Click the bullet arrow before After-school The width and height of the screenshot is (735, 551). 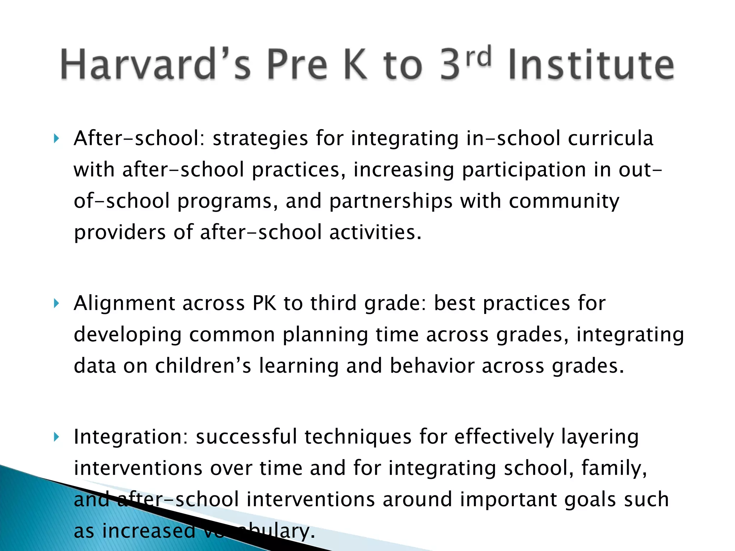pyautogui.click(x=56, y=138)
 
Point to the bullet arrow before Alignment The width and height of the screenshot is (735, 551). pyautogui.click(x=56, y=304)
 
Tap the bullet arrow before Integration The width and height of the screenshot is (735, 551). pyautogui.click(x=56, y=437)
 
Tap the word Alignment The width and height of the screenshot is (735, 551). pyautogui.click(x=124, y=303)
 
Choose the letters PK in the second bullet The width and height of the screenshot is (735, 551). pyautogui.click(x=264, y=303)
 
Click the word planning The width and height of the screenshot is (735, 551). pyautogui.click(x=325, y=335)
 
